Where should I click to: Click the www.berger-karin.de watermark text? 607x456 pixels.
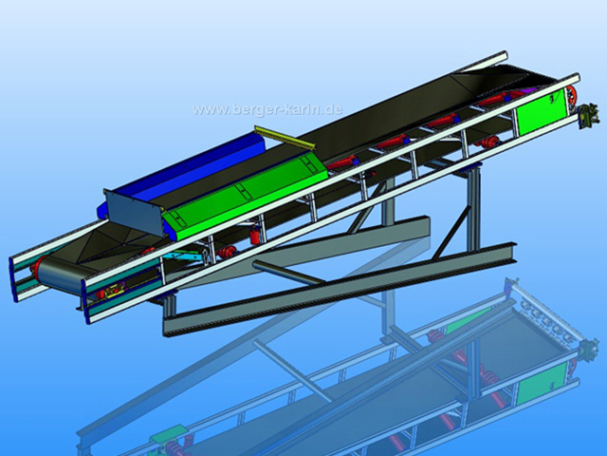click(267, 109)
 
